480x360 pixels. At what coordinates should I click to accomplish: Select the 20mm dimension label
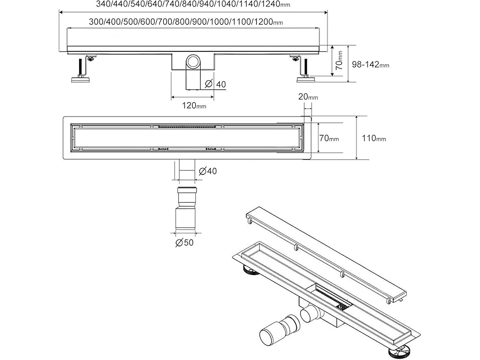tap(308, 97)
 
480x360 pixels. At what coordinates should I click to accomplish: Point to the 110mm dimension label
tap(374, 138)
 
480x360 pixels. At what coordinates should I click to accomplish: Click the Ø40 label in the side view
tap(216, 84)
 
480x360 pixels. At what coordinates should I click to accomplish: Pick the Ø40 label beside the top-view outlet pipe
tap(207, 171)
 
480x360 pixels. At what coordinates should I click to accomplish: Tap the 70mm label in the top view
tap(329, 139)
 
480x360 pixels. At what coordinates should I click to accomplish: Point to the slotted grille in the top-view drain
tap(187, 127)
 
